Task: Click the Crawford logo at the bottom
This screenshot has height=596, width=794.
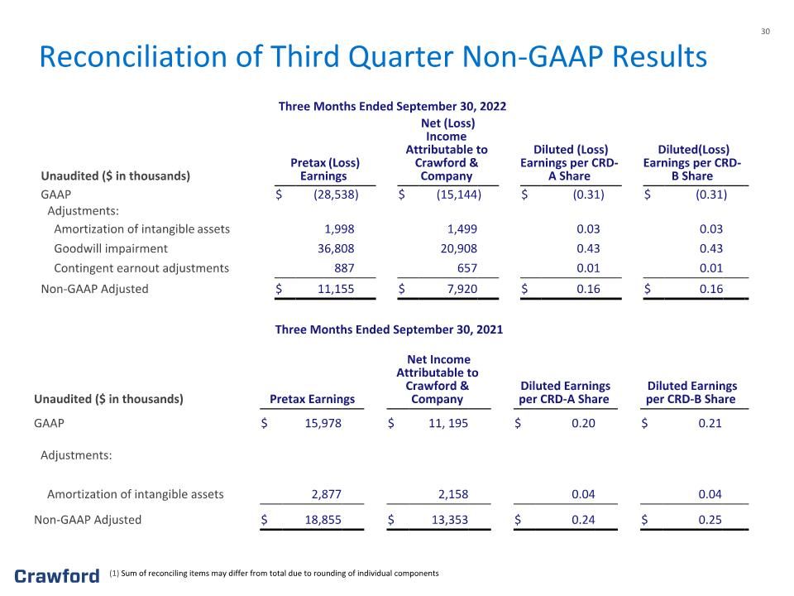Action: [57, 576]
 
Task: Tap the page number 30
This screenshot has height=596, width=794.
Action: [765, 31]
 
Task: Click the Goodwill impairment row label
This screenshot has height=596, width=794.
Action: [111, 249]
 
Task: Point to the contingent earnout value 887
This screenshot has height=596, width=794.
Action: [344, 268]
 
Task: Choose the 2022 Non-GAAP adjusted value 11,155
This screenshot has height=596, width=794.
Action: [336, 289]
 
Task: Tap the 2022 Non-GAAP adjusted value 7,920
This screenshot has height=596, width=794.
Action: [462, 289]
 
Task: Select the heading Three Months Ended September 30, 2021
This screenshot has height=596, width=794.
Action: [389, 329]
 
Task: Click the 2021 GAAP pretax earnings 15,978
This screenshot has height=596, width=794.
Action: [323, 423]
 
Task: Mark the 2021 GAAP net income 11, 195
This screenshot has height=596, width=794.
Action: [448, 423]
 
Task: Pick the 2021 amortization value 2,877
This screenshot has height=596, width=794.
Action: [327, 494]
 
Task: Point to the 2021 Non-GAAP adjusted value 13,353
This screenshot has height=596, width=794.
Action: [450, 520]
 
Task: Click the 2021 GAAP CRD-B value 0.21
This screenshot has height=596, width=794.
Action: [710, 423]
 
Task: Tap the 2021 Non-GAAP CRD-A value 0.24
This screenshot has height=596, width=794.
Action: [583, 520]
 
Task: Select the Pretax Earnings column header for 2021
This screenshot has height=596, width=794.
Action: [312, 399]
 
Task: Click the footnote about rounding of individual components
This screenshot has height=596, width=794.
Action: [274, 573]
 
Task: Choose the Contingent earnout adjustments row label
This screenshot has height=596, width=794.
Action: [141, 268]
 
